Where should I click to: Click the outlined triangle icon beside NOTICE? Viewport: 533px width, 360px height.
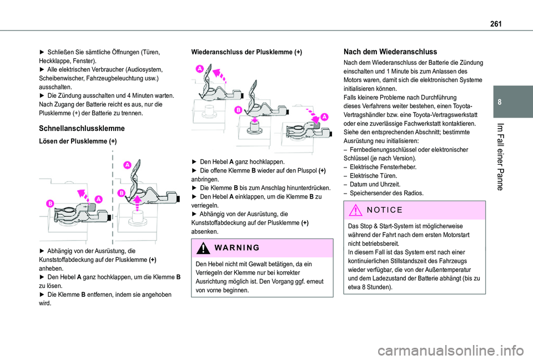point(356,211)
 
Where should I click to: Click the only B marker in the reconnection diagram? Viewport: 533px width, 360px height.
point(237,110)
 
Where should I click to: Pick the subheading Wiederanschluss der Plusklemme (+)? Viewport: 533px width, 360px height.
point(246,52)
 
